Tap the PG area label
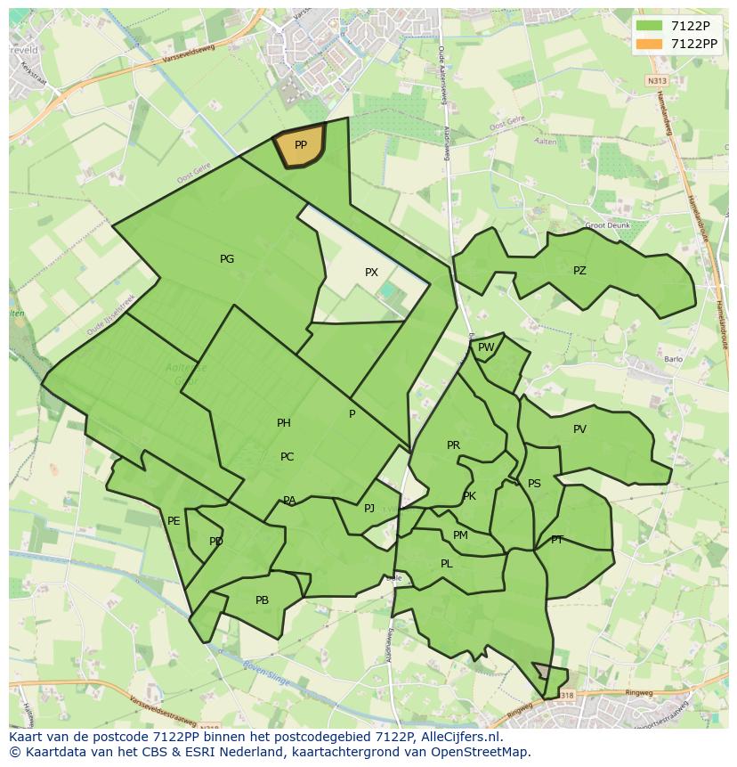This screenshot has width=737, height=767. coord(227,259)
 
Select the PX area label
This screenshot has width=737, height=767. coord(371,273)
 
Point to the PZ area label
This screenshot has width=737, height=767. coord(579,271)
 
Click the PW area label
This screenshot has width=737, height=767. coord(486,347)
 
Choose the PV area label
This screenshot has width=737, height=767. coord(579,429)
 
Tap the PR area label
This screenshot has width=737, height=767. coord(453,445)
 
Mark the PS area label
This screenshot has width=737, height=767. coord(534,484)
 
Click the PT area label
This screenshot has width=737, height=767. coord(557,540)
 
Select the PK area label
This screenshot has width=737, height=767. coord(469,496)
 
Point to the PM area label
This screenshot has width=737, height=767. coord(460,535)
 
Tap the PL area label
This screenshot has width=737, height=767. coord(446,564)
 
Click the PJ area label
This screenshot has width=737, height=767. coord(369,509)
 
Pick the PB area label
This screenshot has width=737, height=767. coord(262,600)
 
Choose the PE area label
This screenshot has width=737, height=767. coord(174,521)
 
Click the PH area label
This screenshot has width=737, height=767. coord(283,423)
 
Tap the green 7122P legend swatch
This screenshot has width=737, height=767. coord(650,26)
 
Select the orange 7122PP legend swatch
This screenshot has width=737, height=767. coord(650,44)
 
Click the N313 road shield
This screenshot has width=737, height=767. coord(657,81)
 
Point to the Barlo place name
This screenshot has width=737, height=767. coord(673,360)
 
